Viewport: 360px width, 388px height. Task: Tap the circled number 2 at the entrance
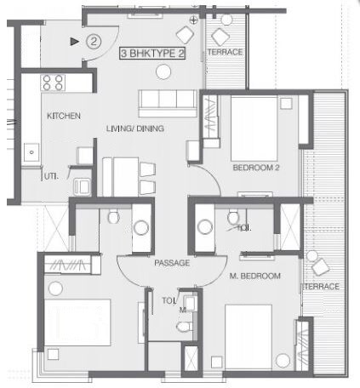[94, 40]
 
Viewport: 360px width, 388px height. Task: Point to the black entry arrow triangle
[75, 40]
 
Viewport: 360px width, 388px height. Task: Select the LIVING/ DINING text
[134, 128]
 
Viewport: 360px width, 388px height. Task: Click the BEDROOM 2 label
[256, 168]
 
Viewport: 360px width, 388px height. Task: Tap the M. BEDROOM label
[255, 277]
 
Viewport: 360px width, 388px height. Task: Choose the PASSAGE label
[171, 263]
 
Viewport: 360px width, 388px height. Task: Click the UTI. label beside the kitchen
[52, 175]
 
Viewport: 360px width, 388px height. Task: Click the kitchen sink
[31, 152]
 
